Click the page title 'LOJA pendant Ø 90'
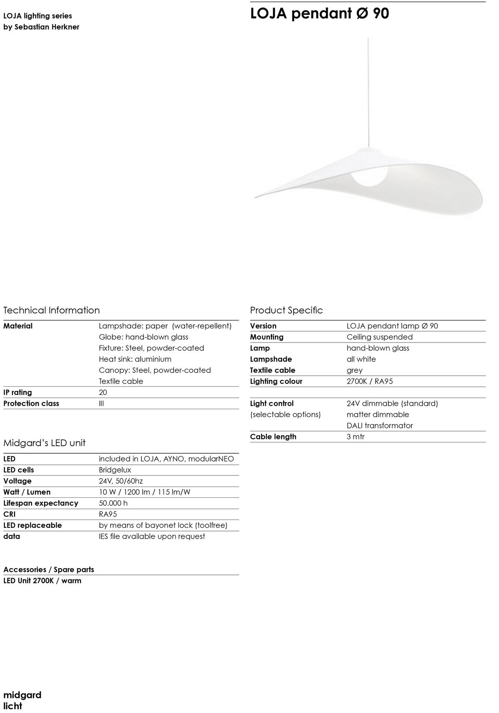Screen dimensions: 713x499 (x=319, y=14)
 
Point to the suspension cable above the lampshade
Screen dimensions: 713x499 (x=368, y=92)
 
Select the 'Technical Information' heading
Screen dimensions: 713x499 (x=52, y=310)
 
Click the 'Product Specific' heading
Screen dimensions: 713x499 (x=286, y=310)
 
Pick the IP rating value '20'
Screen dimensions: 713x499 (x=103, y=393)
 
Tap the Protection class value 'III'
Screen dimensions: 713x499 (x=101, y=403)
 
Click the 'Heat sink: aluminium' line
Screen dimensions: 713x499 (x=135, y=359)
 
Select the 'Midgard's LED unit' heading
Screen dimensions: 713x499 (x=44, y=443)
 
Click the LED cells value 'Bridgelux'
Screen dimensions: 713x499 (x=115, y=470)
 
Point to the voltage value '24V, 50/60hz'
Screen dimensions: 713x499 (x=121, y=481)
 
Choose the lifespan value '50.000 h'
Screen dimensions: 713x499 (x=113, y=503)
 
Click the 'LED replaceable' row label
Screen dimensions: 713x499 (x=32, y=525)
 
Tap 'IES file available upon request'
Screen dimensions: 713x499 (x=151, y=537)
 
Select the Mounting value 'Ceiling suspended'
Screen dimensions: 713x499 (x=379, y=337)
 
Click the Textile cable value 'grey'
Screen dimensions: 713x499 (x=354, y=370)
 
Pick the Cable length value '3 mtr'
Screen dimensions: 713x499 (x=355, y=437)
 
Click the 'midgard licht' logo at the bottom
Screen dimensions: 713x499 (x=22, y=700)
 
